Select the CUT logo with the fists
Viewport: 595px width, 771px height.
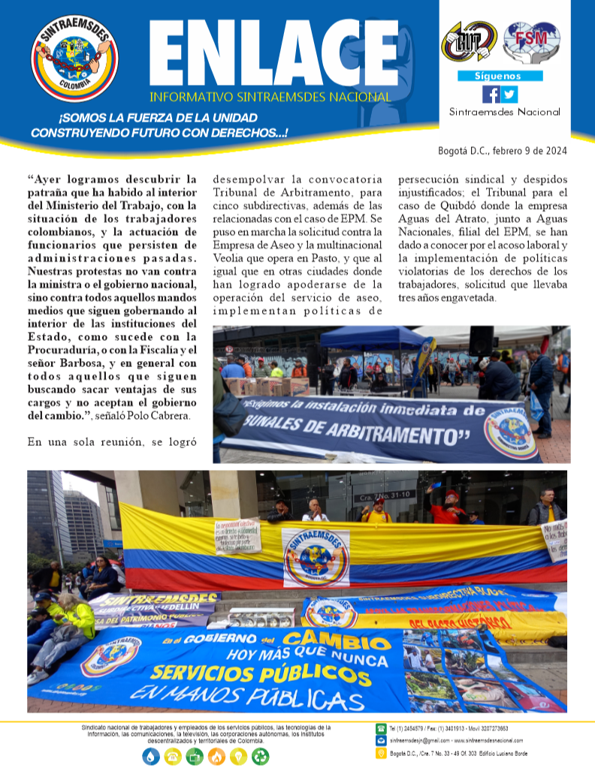470,42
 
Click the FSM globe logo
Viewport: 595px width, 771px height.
531,42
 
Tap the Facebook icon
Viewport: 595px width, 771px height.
491,95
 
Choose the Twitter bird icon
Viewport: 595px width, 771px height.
509,95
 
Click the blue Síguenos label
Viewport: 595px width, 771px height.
500,76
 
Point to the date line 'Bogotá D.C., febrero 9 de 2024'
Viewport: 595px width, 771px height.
503,150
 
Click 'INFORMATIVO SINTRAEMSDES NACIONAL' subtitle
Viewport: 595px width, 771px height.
270,97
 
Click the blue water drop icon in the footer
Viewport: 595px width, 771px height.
153,757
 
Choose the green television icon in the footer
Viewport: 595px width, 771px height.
195,757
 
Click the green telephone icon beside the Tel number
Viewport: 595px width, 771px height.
381,728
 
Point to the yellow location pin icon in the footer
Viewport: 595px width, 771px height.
381,753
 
